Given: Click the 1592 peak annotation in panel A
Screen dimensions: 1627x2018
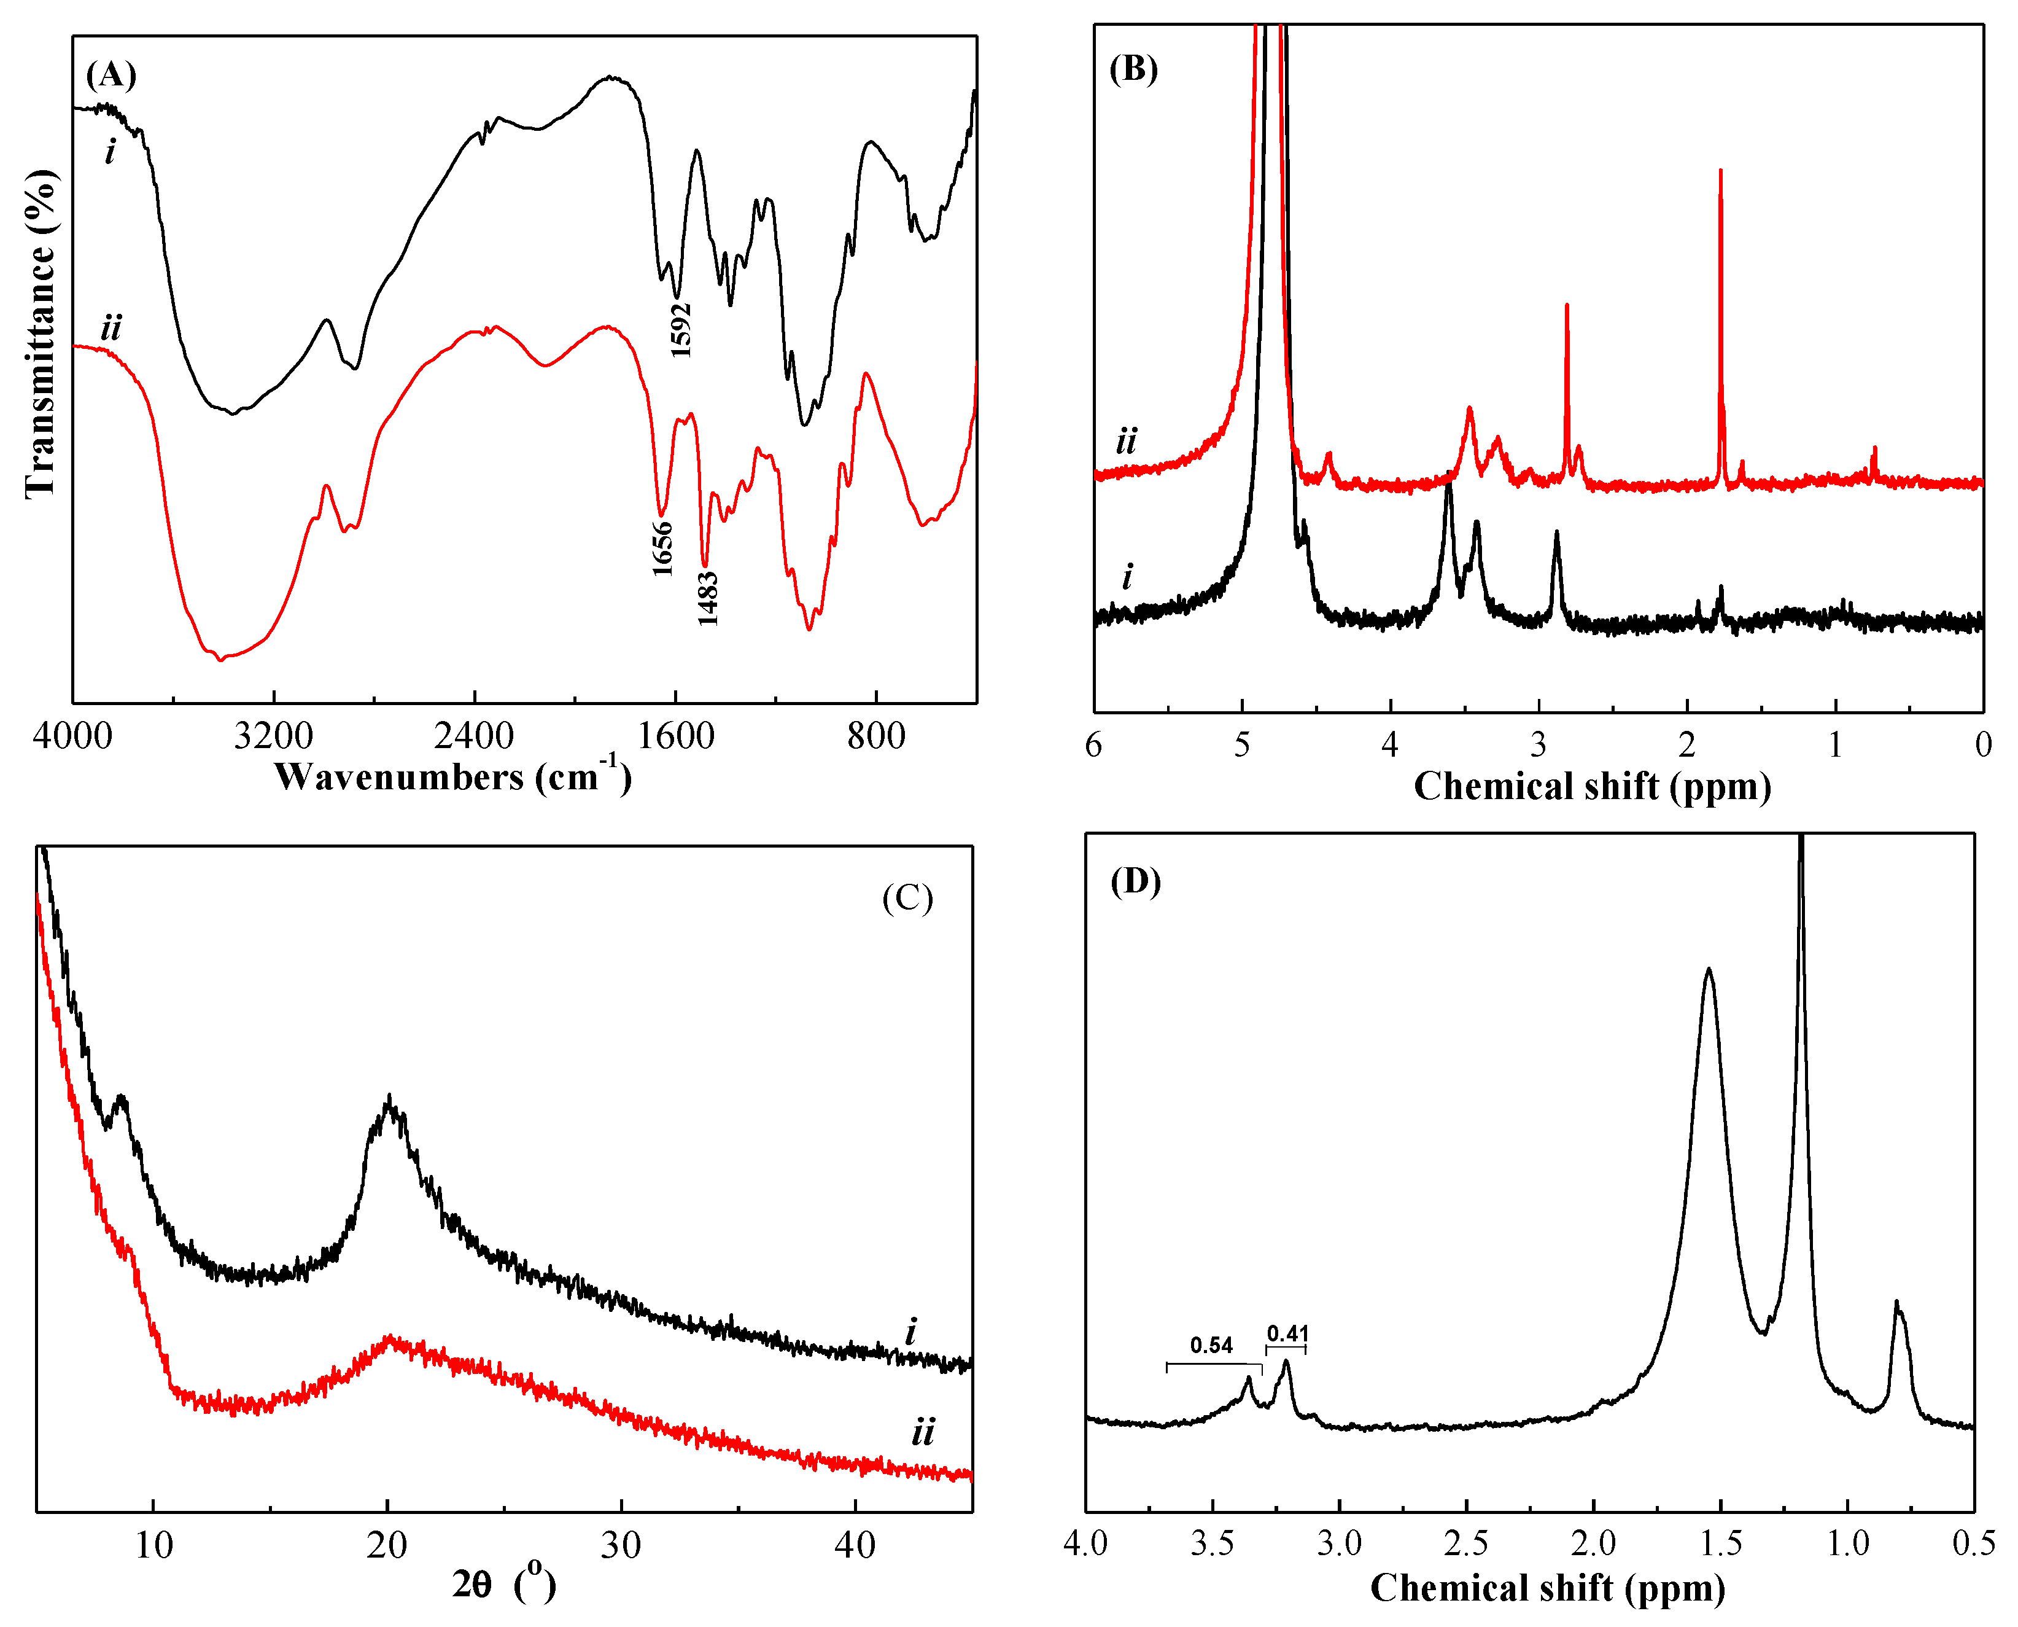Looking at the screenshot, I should [x=681, y=330].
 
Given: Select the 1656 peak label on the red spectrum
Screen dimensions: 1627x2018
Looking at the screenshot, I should [x=662, y=548].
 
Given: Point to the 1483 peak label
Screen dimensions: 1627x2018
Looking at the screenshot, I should [x=707, y=598].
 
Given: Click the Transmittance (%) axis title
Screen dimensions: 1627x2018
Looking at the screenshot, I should [x=39, y=334].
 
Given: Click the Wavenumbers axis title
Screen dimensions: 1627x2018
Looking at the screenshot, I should [x=452, y=777].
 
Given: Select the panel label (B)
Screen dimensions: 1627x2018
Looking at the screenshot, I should [x=1133, y=70].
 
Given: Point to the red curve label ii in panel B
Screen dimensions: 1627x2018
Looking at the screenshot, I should [x=1125, y=440].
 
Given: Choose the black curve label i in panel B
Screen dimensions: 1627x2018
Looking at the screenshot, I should [x=1127, y=576].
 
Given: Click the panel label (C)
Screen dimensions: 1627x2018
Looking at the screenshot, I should [x=907, y=898].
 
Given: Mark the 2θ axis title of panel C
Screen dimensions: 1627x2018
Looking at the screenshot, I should [x=503, y=1584].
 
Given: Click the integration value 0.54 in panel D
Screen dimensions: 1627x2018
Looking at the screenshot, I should [x=1211, y=1346].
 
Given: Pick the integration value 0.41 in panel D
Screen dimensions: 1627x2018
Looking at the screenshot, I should [x=1287, y=1333].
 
